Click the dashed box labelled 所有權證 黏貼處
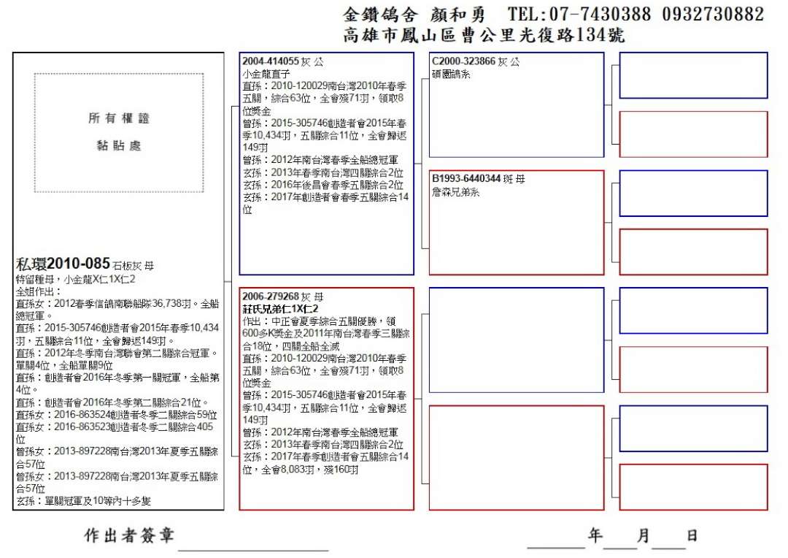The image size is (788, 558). pyautogui.click(x=119, y=132)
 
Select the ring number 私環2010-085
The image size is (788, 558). pyautogui.click(x=63, y=264)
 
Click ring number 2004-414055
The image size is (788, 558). pyautogui.click(x=271, y=61)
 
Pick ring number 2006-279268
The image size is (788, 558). pyautogui.click(x=271, y=297)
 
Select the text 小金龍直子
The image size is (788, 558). pyautogui.click(x=266, y=73)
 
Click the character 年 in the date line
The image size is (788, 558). pyautogui.click(x=596, y=536)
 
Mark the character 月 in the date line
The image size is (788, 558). pyautogui.click(x=643, y=536)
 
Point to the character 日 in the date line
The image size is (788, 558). pyautogui.click(x=692, y=536)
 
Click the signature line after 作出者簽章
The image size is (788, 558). pyautogui.click(x=253, y=548)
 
